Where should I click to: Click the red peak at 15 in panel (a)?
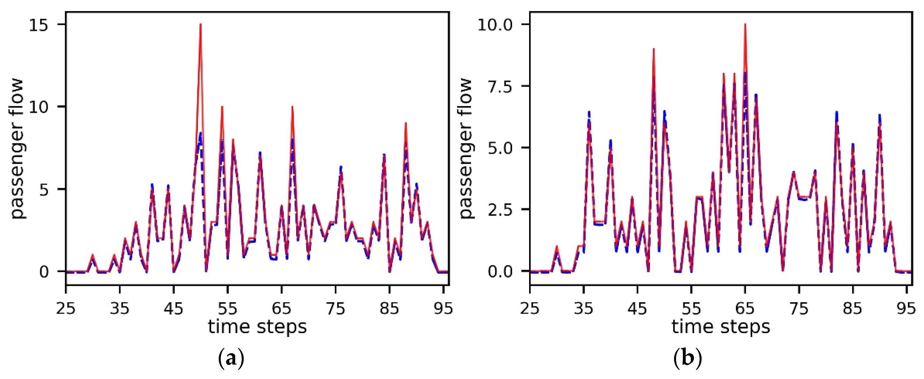(201, 25)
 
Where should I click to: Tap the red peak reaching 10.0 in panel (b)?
(745, 25)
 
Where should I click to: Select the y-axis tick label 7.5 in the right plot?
(499, 87)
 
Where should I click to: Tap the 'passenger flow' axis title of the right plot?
(466, 148)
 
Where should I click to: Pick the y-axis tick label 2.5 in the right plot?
(499, 210)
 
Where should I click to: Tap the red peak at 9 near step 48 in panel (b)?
(654, 49)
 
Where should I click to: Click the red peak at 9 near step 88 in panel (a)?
(405, 123)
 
